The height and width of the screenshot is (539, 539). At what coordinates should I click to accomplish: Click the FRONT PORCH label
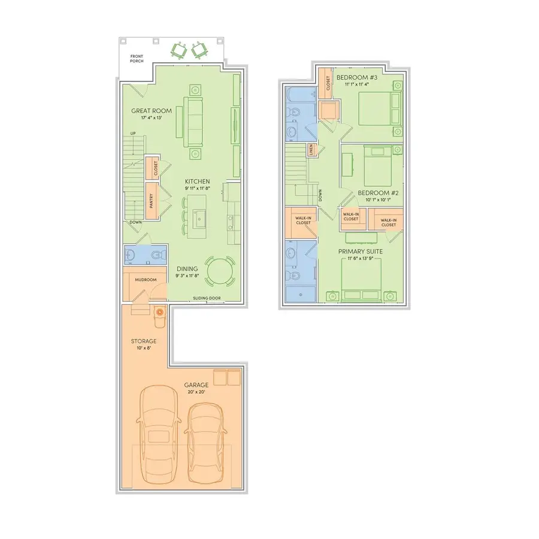coord(137,59)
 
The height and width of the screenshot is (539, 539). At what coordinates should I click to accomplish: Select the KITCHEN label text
coord(198,182)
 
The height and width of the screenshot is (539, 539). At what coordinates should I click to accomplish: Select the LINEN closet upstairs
coord(311,150)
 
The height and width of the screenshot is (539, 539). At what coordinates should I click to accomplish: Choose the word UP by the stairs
coord(134,134)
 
